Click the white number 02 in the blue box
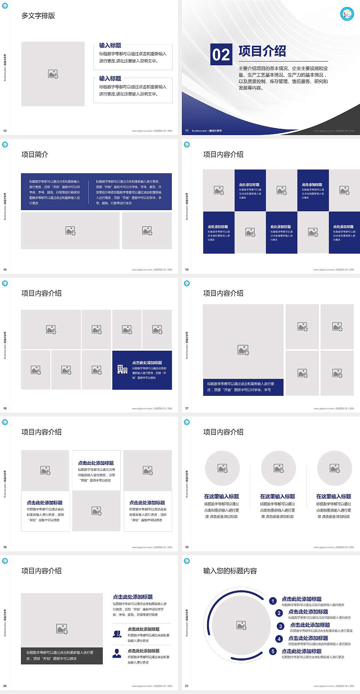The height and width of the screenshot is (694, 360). (x=221, y=55)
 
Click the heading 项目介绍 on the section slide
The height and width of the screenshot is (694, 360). (x=262, y=51)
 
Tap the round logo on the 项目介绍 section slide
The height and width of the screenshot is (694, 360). (x=347, y=14)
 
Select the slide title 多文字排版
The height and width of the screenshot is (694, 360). (x=38, y=16)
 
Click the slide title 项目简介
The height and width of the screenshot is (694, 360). (x=35, y=155)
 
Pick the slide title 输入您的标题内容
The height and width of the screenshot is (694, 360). (x=230, y=571)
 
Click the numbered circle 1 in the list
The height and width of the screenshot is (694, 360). (x=273, y=601)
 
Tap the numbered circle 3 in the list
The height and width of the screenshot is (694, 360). (x=280, y=626)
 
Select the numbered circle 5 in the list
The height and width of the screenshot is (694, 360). (x=273, y=651)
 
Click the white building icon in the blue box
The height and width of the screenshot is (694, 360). (x=122, y=370)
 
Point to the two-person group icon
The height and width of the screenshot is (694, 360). (x=117, y=634)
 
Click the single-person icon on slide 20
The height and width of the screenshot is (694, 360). (x=117, y=653)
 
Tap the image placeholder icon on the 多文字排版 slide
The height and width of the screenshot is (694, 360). (x=53, y=74)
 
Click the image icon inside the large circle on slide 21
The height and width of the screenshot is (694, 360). (x=241, y=625)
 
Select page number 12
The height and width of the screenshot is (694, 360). (x=5, y=131)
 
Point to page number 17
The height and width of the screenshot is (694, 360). (x=187, y=409)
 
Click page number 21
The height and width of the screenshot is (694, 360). (x=187, y=686)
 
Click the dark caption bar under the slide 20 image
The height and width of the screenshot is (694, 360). (x=62, y=655)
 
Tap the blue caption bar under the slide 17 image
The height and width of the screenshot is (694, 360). (x=243, y=387)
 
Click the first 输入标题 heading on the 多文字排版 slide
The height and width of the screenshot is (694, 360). (x=110, y=45)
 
